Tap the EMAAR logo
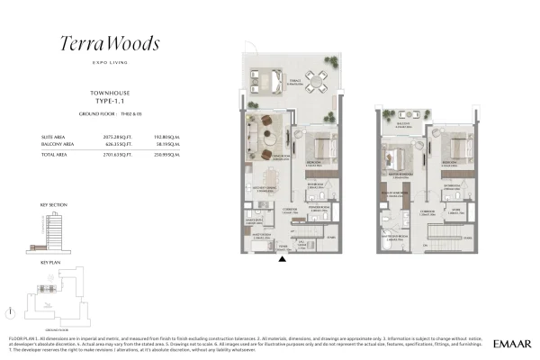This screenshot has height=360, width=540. point(511,344)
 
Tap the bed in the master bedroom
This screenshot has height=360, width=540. point(396,146)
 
